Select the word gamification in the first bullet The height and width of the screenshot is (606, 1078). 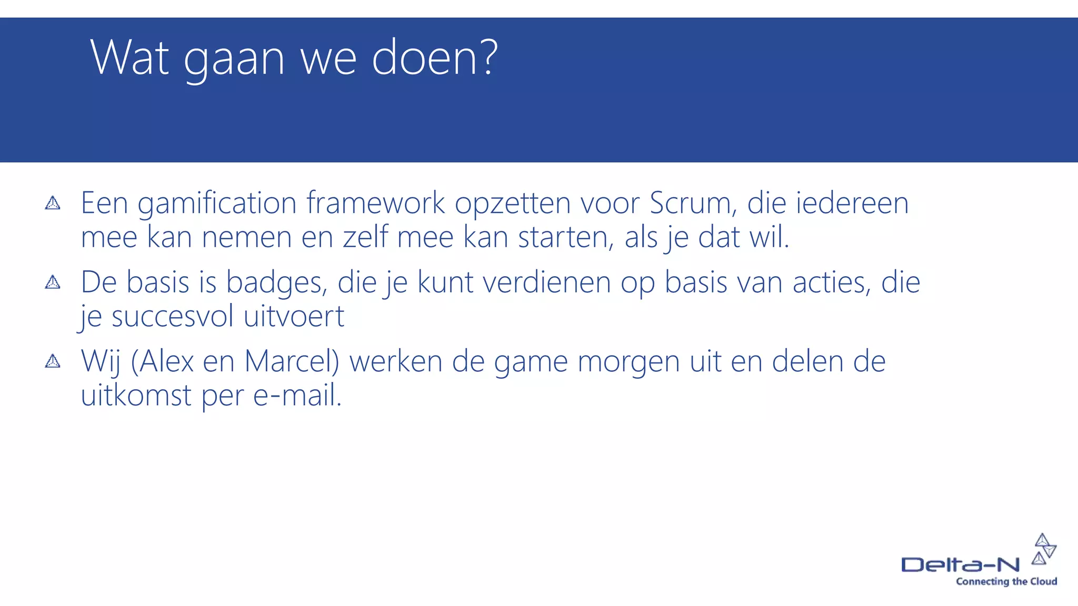tap(217, 203)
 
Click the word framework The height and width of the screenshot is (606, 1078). tap(376, 203)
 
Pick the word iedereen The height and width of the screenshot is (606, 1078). tap(852, 203)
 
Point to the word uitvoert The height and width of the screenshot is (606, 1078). tap(294, 317)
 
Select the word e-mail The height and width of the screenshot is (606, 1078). tap(297, 396)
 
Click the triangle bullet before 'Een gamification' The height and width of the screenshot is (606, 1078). tap(53, 203)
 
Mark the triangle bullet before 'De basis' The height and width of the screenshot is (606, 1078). tap(53, 282)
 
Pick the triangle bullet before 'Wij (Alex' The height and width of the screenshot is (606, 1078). tap(53, 361)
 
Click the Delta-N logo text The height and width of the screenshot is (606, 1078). tap(961, 565)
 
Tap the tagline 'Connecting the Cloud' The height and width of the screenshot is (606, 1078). tap(1006, 581)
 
